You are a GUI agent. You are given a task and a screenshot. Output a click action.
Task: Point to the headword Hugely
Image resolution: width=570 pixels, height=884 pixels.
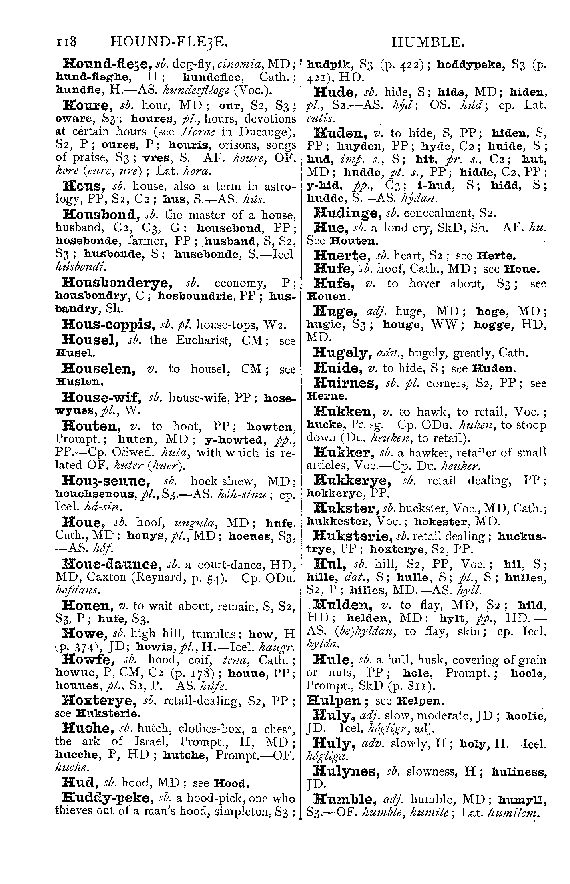tap(341, 353)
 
